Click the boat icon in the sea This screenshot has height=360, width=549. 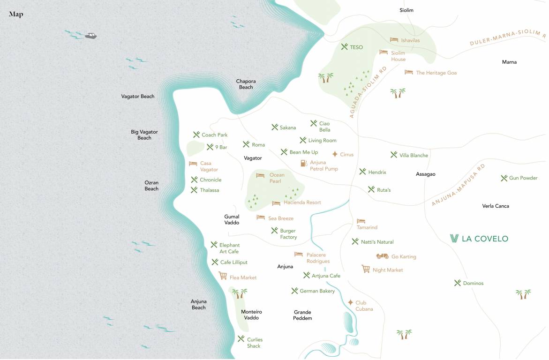tap(91, 36)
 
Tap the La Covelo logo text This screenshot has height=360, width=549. tap(479, 239)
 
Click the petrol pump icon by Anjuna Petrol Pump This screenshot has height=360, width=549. tap(303, 163)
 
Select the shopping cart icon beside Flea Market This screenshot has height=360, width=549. tap(223, 276)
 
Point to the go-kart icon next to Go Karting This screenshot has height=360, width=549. tap(383, 256)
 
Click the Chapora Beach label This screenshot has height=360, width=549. tap(246, 84)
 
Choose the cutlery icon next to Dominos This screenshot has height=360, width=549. tap(458, 283)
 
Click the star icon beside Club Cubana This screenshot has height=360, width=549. tap(350, 302)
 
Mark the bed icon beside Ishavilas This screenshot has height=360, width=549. tap(394, 40)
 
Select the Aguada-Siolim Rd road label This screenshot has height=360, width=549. tap(369, 92)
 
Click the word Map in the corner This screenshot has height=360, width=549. tap(16, 14)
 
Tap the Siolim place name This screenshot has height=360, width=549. tap(406, 10)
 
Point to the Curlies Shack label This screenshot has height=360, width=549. tap(255, 343)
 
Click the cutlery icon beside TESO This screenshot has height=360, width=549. tap(345, 47)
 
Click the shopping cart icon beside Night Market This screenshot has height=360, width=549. tap(366, 269)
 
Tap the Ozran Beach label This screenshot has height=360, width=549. tap(151, 186)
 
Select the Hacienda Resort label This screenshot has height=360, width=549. tap(302, 202)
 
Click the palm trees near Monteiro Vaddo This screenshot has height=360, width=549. tap(240, 293)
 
